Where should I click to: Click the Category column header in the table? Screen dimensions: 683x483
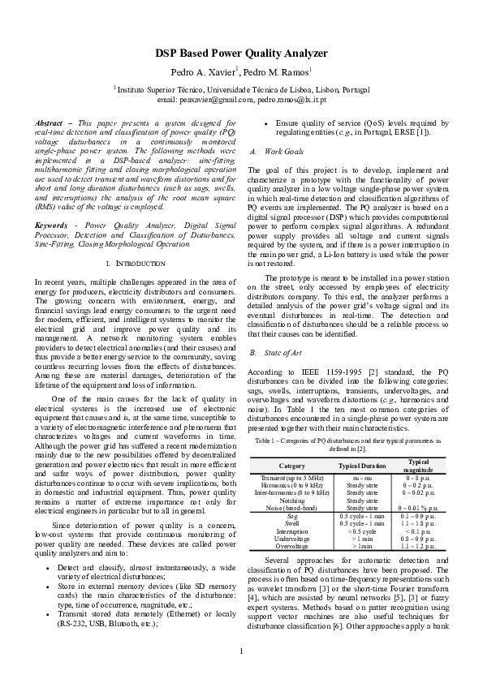291,466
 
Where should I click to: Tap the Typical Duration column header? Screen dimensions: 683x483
362,466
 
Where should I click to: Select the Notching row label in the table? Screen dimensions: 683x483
291,500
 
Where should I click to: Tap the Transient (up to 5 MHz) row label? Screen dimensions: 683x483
291,479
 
